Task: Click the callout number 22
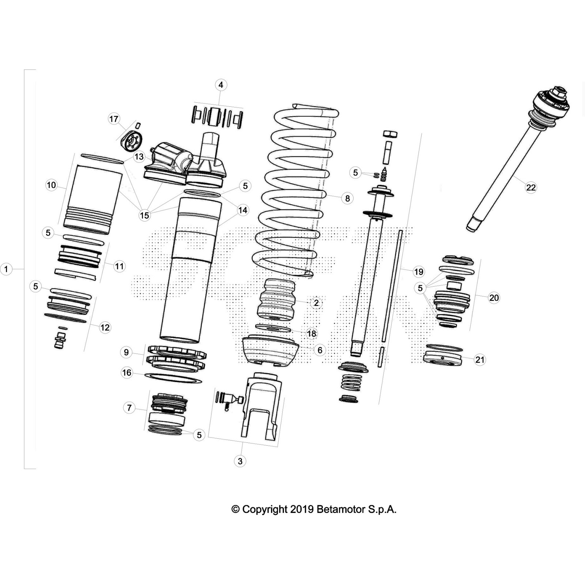(x=531, y=188)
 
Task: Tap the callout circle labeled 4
(x=220, y=85)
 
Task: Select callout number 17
(x=114, y=119)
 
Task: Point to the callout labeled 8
(x=347, y=198)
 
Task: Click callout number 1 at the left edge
(x=6, y=269)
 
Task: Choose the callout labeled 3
(x=240, y=461)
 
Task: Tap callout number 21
(x=480, y=360)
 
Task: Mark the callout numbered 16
(x=127, y=373)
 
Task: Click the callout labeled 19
(x=418, y=272)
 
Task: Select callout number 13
(x=139, y=157)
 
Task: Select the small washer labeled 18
(x=273, y=328)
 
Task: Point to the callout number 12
(x=105, y=327)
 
